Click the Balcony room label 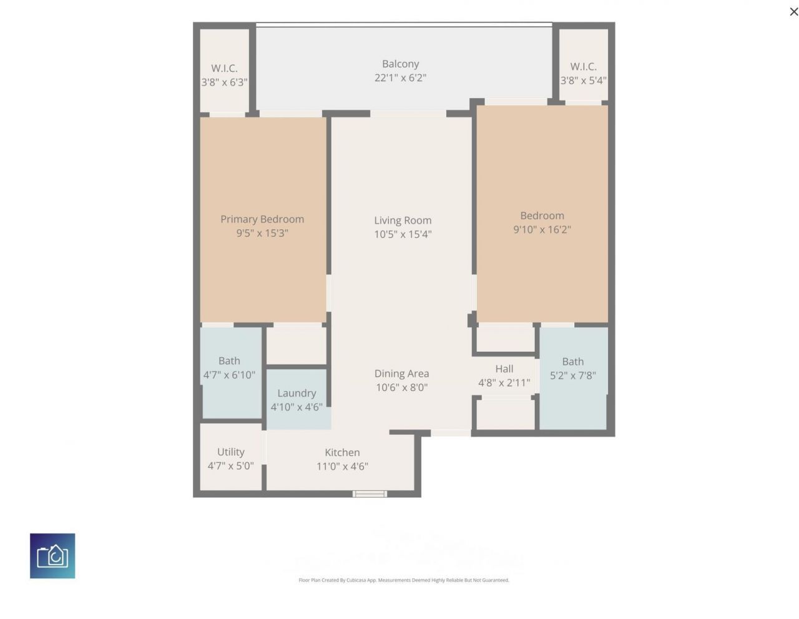click(x=400, y=64)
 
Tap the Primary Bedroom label click(x=262, y=219)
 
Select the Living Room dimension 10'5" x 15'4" click(x=403, y=234)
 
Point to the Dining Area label click(x=401, y=374)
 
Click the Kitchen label click(x=342, y=452)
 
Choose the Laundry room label click(x=297, y=393)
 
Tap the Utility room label click(x=230, y=452)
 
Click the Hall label click(x=504, y=369)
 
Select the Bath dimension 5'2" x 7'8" click(x=572, y=375)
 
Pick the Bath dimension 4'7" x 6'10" click(x=229, y=375)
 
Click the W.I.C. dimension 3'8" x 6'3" click(x=224, y=82)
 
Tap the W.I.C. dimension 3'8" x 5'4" click(x=583, y=80)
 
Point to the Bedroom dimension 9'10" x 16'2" click(x=542, y=229)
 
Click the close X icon click(x=793, y=11)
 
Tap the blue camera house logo click(x=52, y=555)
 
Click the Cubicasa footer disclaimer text click(x=404, y=580)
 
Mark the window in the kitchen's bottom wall click(x=370, y=494)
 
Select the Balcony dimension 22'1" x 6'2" click(x=400, y=77)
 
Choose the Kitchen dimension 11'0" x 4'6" click(x=342, y=466)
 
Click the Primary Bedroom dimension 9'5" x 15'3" click(x=262, y=233)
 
